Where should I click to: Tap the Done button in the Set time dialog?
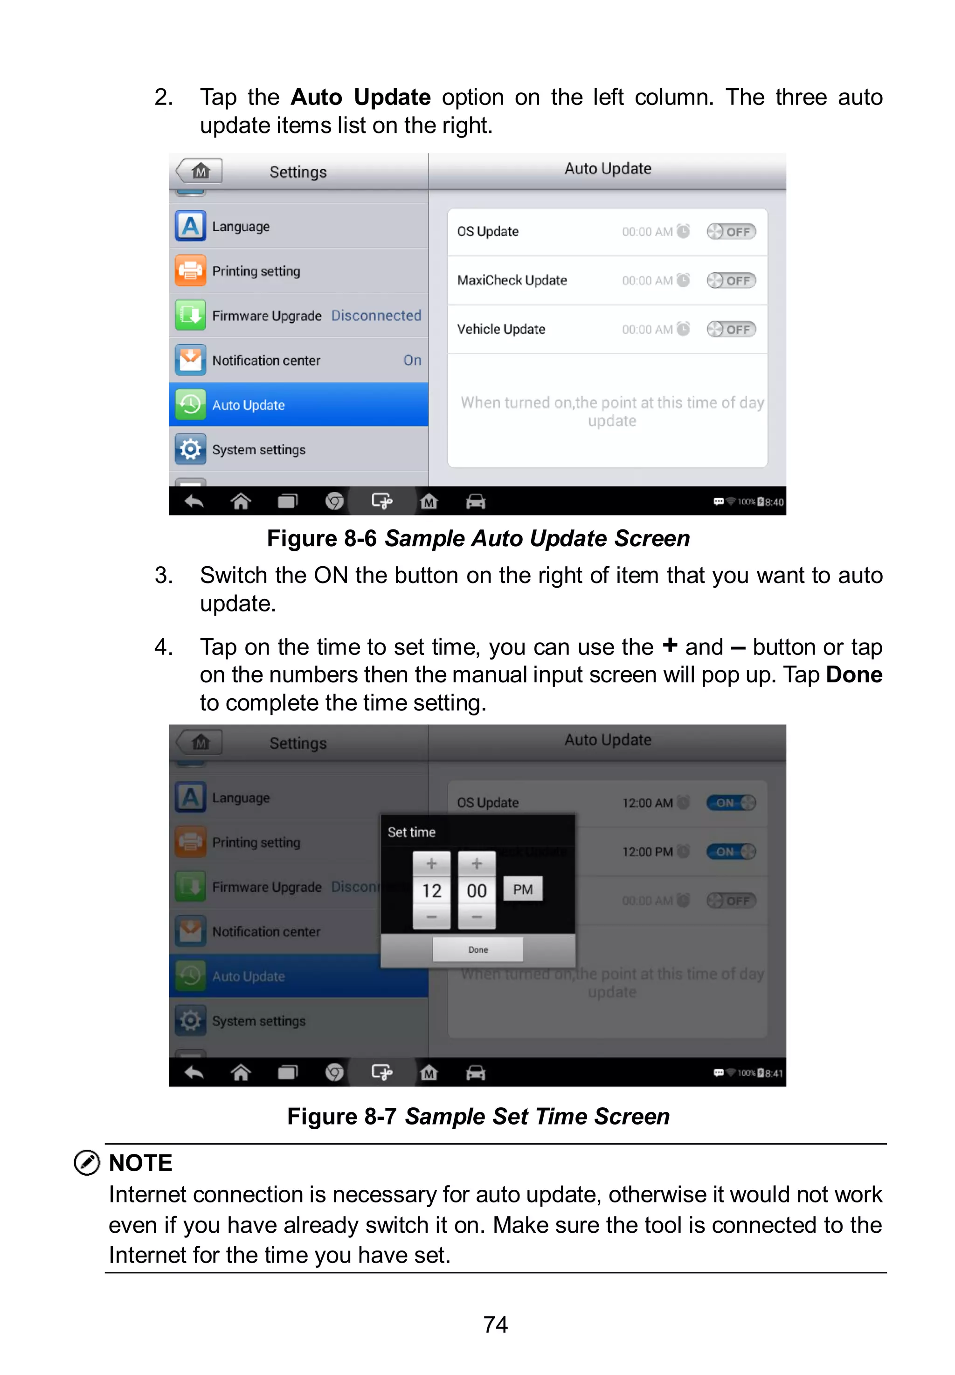click(477, 949)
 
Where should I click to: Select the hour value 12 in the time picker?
click(431, 890)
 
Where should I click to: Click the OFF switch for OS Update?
click(731, 231)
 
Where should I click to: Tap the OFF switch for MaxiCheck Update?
click(731, 281)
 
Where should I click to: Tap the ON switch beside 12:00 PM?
click(731, 852)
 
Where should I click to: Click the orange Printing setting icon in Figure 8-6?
click(190, 271)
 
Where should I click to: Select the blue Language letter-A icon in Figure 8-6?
click(190, 226)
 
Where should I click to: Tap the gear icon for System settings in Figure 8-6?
click(190, 449)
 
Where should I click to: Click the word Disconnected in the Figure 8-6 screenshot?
click(376, 315)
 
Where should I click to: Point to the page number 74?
click(495, 1324)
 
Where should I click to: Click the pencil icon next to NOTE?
click(87, 1163)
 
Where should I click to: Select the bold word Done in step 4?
click(854, 674)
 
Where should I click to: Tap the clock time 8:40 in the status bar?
click(774, 502)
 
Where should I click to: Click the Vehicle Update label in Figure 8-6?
click(501, 329)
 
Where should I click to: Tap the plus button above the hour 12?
click(431, 863)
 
